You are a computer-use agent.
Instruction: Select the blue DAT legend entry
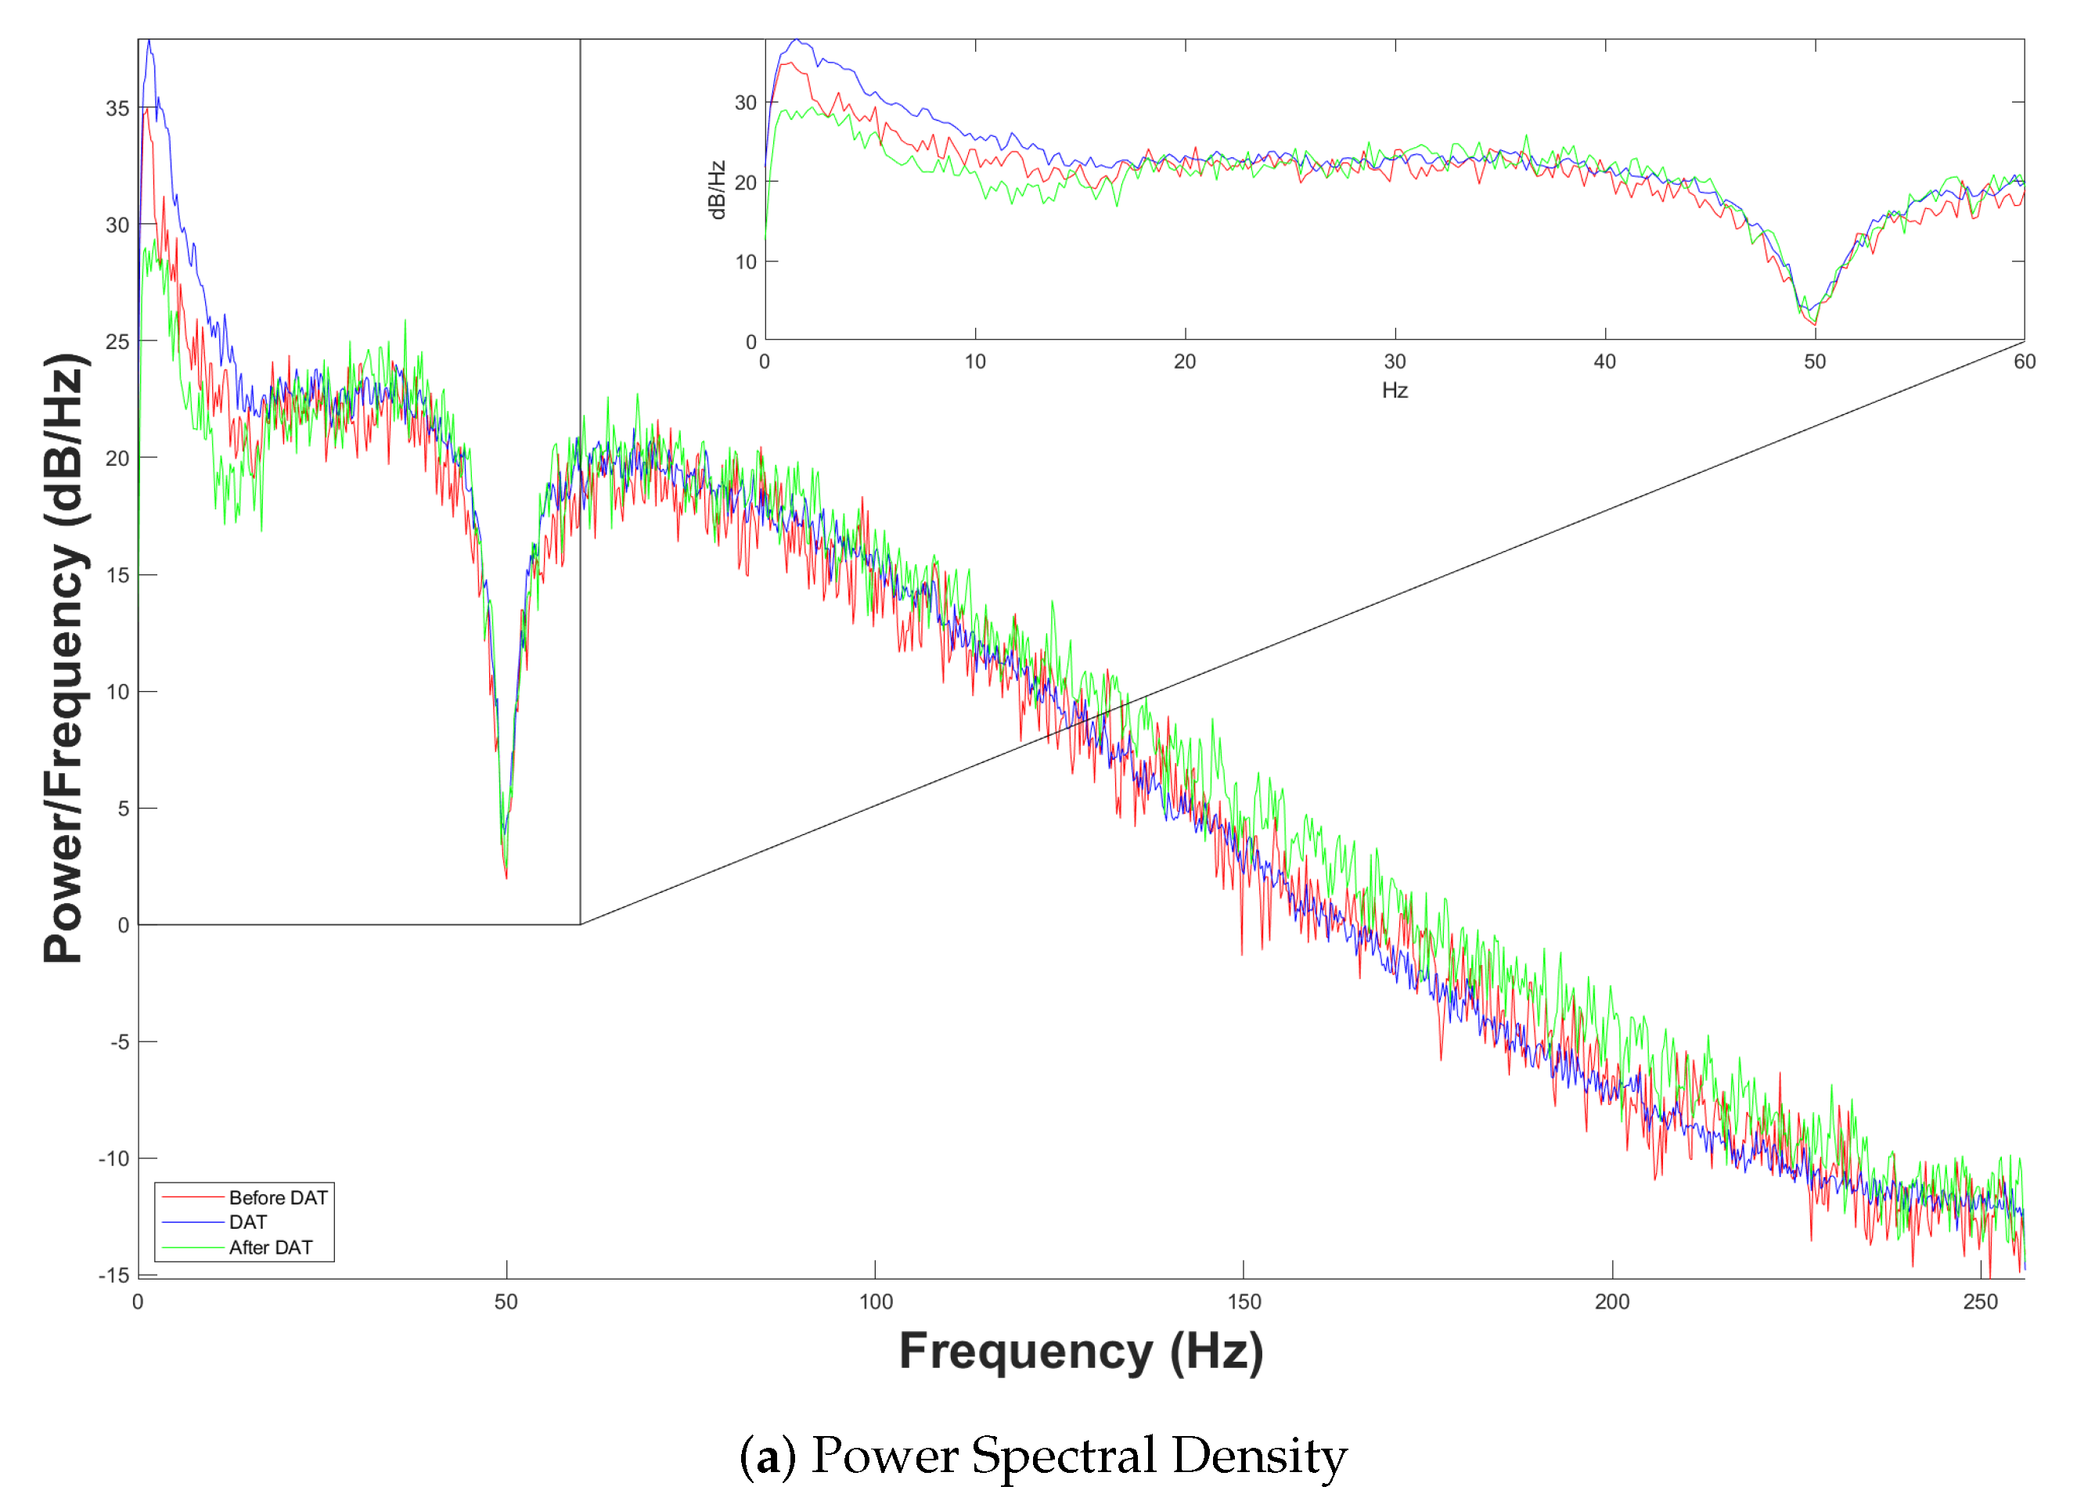247,1222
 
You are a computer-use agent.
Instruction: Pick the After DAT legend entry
270,1247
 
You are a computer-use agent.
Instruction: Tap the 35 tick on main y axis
117,108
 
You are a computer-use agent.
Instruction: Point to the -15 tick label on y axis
114,1275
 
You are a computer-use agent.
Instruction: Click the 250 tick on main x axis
1980,1301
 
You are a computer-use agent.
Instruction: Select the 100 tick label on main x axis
876,1301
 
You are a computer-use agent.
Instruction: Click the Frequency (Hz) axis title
1081,1352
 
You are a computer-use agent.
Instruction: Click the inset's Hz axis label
1395,391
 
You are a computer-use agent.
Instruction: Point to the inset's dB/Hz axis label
717,189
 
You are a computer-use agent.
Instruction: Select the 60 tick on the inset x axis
2025,362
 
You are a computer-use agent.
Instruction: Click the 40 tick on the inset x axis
1604,362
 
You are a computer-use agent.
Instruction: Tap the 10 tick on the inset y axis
746,262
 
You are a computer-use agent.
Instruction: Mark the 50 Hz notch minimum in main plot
506,877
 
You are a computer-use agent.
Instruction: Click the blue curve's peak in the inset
797,39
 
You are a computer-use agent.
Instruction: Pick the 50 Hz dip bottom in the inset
1814,323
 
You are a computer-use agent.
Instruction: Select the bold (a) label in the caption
768,1456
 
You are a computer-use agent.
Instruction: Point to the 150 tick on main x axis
1244,1301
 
